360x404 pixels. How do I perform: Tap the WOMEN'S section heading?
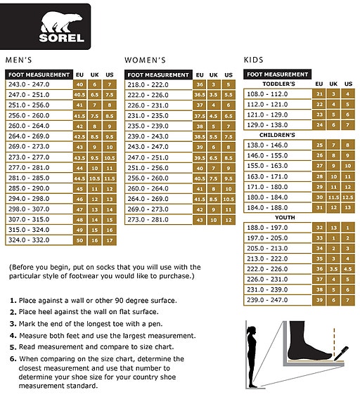pyautogui.click(x=145, y=60)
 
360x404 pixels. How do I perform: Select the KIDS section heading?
pyautogui.click(x=254, y=60)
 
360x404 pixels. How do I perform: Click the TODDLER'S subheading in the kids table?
pyautogui.click(x=278, y=84)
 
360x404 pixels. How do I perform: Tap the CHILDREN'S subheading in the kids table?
pyautogui.click(x=277, y=134)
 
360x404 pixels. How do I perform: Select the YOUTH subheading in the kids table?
pyautogui.click(x=278, y=217)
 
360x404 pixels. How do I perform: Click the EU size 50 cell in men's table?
pyautogui.click(x=79, y=240)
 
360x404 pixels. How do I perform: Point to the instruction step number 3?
pyautogui.click(x=13, y=324)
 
